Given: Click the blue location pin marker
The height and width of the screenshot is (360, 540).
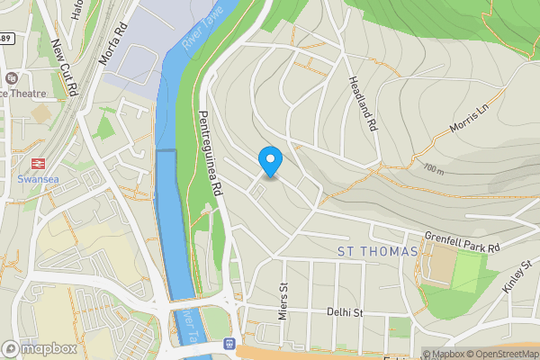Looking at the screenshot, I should pyautogui.click(x=270, y=161).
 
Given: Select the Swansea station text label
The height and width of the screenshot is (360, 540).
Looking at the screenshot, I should pyautogui.click(x=38, y=178).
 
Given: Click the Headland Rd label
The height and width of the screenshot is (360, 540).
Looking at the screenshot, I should pyautogui.click(x=362, y=103).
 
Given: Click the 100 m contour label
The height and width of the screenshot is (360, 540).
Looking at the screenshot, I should pyautogui.click(x=434, y=168).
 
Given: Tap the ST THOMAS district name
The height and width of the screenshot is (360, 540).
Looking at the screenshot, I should pyautogui.click(x=378, y=251).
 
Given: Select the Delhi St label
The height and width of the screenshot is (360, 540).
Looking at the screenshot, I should pyautogui.click(x=345, y=313).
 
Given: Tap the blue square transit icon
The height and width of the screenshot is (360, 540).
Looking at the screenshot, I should pyautogui.click(x=231, y=343).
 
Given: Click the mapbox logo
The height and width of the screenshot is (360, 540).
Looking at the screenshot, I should pyautogui.click(x=39, y=348).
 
